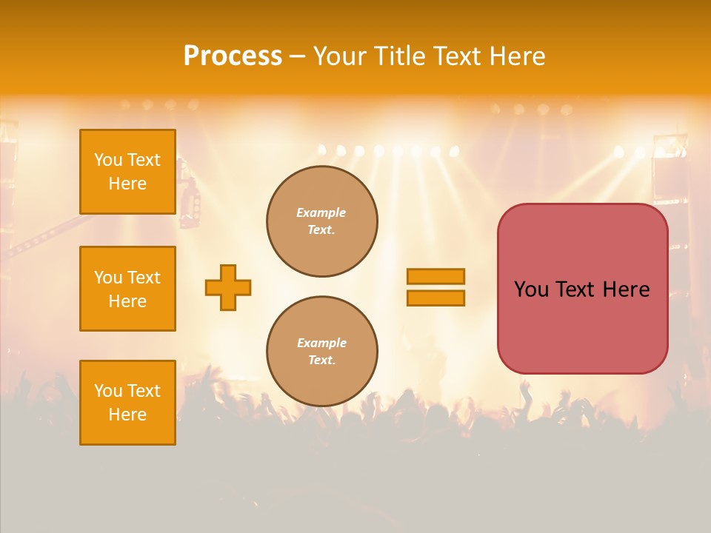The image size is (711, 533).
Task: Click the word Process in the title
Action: (233, 56)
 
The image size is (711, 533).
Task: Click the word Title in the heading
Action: (399, 56)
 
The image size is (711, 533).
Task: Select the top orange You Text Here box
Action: (127, 172)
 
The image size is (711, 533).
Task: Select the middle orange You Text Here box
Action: (127, 289)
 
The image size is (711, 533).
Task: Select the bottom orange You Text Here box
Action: (127, 403)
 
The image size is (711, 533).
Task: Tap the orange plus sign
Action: (228, 287)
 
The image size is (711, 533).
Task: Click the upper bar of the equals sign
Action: (435, 276)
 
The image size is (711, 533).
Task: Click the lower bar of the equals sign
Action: (435, 298)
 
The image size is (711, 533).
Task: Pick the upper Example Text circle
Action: (321, 221)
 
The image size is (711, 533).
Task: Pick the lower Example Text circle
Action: (321, 352)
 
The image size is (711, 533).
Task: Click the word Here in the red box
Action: (626, 289)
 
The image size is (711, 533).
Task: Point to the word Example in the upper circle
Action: (321, 212)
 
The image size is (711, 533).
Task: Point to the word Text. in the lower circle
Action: (321, 361)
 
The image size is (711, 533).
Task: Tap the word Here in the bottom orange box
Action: (127, 415)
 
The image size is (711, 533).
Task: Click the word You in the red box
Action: (531, 289)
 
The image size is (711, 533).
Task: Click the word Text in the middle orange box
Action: (144, 278)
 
